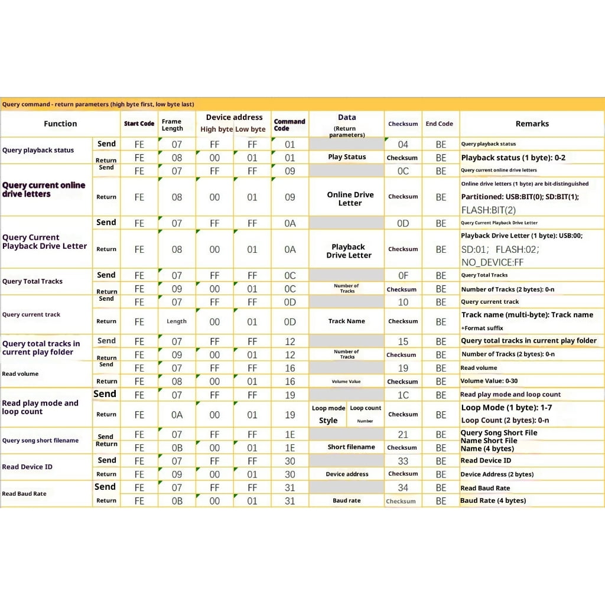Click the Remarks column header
pos(532,123)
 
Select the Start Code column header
pos(139,123)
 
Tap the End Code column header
pos(439,123)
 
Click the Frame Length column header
pos(173,125)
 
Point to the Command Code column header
pos(290,125)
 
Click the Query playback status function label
pos(38,150)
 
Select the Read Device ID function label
pos(27,467)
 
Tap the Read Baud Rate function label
pos(24,493)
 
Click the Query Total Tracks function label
pos(32,281)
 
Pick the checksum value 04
pos(403,144)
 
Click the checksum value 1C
pos(403,395)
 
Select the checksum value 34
pos(403,487)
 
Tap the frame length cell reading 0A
pos(177,415)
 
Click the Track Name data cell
pos(347,321)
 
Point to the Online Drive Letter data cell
pos(350,199)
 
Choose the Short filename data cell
pos(352,447)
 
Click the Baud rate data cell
pos(347,500)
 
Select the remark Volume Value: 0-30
pos(489,381)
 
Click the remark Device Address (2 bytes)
pos(497,474)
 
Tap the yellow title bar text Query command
pos(97,104)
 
